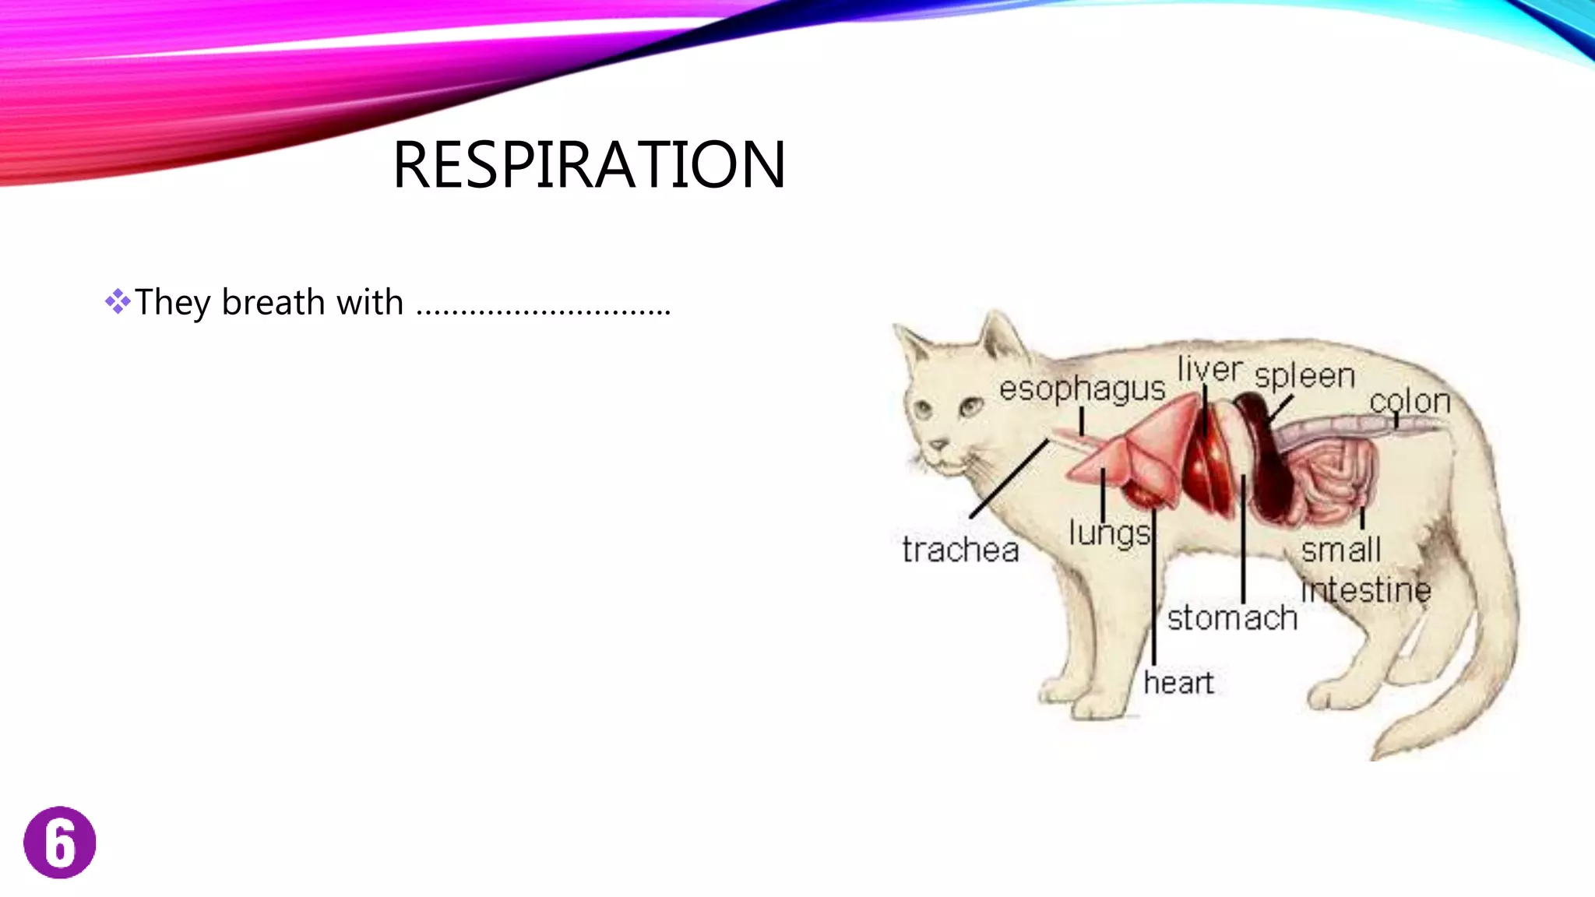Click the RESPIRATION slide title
pyautogui.click(x=589, y=164)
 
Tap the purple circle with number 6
pyautogui.click(x=60, y=842)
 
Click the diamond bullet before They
pyautogui.click(x=118, y=301)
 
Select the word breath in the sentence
pyautogui.click(x=273, y=302)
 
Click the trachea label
pyautogui.click(x=960, y=550)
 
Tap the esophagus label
pyautogui.click(x=1082, y=389)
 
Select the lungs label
pyautogui.click(x=1109, y=534)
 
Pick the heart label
pyautogui.click(x=1178, y=683)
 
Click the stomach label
pyautogui.click(x=1232, y=618)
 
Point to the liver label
pyautogui.click(x=1209, y=369)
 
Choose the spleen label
pyautogui.click(x=1305, y=376)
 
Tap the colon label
pyautogui.click(x=1410, y=402)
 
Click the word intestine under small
pyautogui.click(x=1366, y=589)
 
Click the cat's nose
pyautogui.click(x=938, y=445)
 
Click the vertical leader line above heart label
pyautogui.click(x=1153, y=592)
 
